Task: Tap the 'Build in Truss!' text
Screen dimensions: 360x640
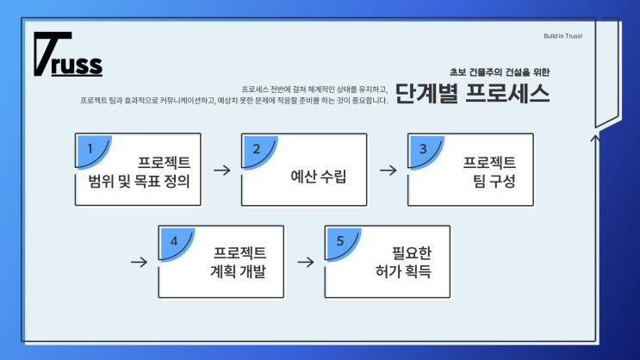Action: [x=563, y=36]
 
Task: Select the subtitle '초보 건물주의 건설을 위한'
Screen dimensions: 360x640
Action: [x=500, y=72]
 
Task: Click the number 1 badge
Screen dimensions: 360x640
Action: [x=89, y=148]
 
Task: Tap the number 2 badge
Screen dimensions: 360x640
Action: [x=256, y=148]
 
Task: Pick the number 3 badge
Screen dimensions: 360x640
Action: [x=422, y=148]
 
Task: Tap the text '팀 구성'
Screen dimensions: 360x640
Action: [x=489, y=182]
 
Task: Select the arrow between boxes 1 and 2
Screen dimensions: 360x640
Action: [x=221, y=170]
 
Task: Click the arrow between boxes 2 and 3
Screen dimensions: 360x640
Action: [x=388, y=170]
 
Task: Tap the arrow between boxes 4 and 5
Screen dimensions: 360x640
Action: [x=304, y=261]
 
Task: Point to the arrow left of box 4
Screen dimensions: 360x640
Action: [x=138, y=261]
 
